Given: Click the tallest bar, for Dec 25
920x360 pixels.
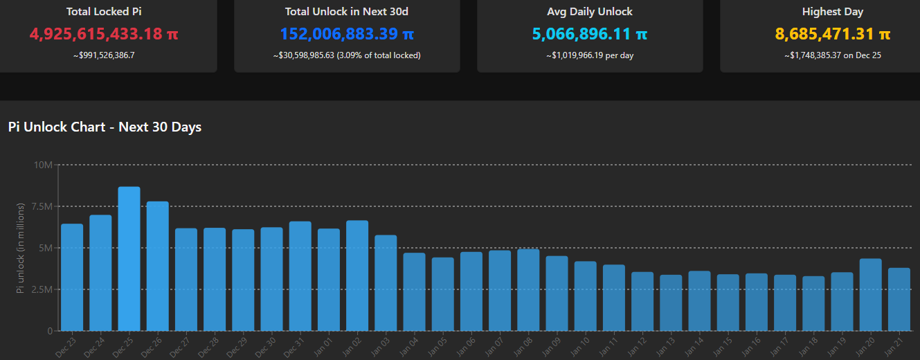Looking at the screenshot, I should pos(129,259).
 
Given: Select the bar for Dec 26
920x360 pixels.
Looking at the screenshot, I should pos(157,267).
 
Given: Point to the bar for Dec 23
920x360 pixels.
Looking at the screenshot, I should pos(72,278).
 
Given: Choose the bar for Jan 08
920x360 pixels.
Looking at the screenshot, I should pos(528,290).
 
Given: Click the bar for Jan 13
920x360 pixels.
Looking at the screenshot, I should pos(671,303).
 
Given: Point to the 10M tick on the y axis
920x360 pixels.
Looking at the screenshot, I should pos(42,165).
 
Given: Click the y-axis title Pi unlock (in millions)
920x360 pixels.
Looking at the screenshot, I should pos(21,248).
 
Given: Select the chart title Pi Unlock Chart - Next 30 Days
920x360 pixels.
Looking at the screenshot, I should pos(105,127).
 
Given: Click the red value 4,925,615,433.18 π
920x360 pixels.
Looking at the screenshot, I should pos(104,34).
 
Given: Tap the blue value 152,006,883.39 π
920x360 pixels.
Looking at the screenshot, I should pos(347,34).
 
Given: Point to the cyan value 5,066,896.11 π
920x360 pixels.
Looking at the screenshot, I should pos(590,34).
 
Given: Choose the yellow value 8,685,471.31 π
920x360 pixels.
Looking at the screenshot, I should pos(832,34).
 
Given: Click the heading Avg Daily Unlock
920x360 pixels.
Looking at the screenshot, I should pos(590,12).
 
